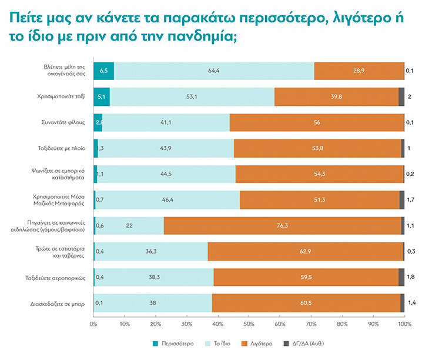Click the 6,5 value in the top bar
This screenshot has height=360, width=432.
(103, 71)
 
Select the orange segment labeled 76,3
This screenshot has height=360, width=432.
(283, 226)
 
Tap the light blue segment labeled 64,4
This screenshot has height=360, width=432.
(214, 71)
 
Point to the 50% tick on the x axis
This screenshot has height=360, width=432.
(249, 324)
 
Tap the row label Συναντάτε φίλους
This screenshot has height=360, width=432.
(66, 122)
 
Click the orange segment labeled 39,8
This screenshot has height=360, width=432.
(336, 96)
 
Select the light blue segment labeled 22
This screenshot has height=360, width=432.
(129, 226)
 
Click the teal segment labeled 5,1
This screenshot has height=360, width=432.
(101, 96)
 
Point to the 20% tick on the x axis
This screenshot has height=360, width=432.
(155, 324)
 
